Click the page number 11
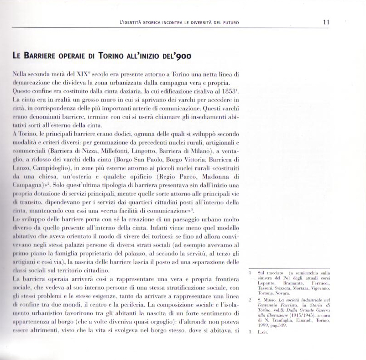coord(326,22)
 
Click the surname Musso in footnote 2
coord(270,300)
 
